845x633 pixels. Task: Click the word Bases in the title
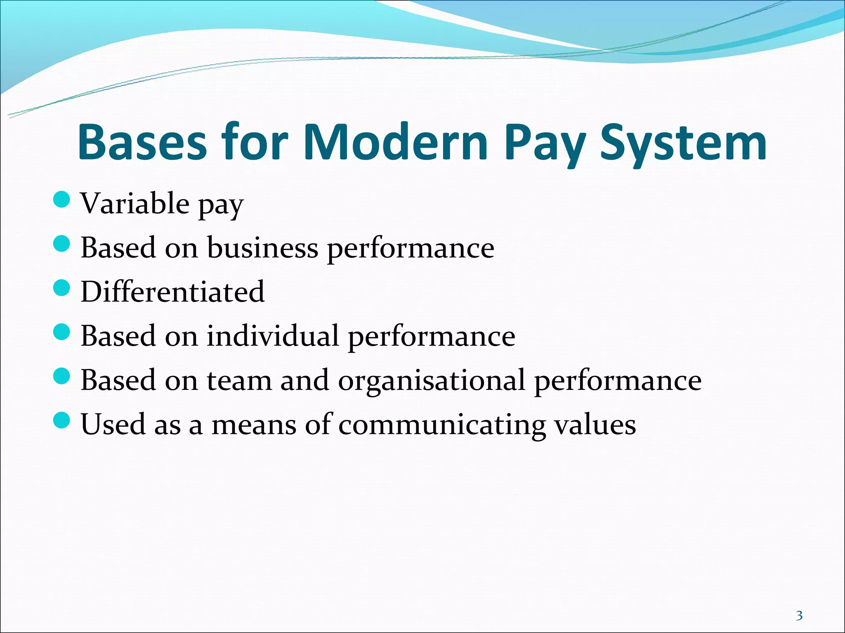coord(142,142)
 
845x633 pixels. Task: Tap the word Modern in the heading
coord(396,142)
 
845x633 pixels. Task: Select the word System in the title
coord(683,142)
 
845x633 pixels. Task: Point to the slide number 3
coord(799,616)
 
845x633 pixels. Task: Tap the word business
coord(262,248)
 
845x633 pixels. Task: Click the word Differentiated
coord(172,291)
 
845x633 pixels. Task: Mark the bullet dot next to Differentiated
coord(62,288)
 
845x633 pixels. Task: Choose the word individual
coord(273,335)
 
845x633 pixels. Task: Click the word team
coord(239,380)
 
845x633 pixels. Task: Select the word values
coord(595,424)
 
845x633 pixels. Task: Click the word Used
coord(113,424)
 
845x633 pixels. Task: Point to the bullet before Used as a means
coord(62,420)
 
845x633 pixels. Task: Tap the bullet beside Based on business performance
coord(62,244)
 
